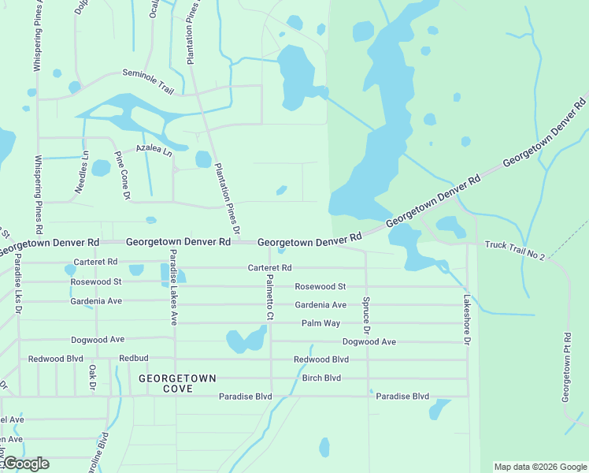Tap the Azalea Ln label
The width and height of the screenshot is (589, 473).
[153, 149]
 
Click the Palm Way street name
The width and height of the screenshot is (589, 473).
[320, 324]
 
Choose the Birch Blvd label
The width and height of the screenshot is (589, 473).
[321, 378]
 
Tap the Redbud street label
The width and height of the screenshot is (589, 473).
[133, 359]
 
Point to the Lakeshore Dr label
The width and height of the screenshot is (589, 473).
[466, 320]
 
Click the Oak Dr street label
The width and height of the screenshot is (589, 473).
[92, 378]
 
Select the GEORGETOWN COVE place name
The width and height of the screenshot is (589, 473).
[177, 384]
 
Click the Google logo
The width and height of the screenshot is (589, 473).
[25, 464]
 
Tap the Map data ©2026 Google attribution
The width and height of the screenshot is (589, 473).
[540, 467]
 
